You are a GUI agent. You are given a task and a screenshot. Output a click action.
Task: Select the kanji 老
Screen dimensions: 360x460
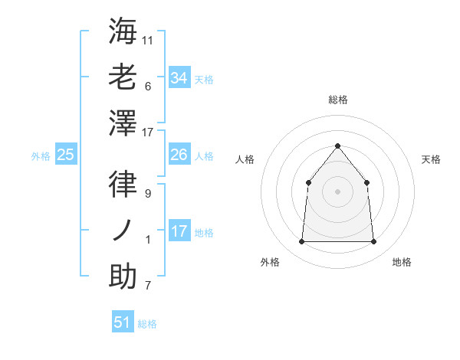point(123,77)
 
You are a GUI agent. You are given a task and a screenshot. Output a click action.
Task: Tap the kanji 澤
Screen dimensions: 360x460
point(123,123)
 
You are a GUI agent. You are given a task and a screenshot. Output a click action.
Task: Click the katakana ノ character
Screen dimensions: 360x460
point(123,230)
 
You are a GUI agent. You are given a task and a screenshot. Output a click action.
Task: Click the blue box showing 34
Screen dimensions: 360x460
point(179,78)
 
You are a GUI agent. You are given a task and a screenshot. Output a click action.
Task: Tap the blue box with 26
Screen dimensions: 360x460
point(179,155)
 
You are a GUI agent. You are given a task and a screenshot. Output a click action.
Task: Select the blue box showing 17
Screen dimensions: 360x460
point(179,231)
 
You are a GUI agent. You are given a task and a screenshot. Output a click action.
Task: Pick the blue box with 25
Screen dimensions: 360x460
point(65,155)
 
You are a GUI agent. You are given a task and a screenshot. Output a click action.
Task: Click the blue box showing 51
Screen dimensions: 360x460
point(122,322)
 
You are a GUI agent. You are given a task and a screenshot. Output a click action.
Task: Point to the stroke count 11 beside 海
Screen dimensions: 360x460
point(149,39)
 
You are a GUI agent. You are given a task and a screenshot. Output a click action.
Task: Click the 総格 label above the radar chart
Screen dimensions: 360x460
point(337,100)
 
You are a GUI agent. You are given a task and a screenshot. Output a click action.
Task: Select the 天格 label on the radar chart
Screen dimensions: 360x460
point(431,159)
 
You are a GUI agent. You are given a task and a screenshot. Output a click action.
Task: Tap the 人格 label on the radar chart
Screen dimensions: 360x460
point(245,159)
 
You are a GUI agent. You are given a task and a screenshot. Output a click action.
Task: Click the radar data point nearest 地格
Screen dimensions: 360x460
point(373,241)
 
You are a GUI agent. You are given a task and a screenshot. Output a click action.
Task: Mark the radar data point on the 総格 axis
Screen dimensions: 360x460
point(337,146)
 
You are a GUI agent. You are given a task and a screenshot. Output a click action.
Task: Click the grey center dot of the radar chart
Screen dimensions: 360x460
point(337,191)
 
